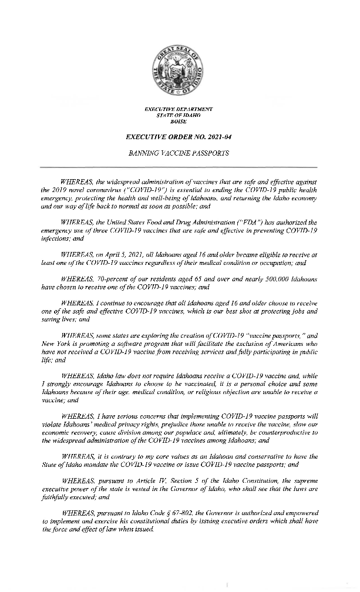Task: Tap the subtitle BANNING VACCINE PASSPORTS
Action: click(x=179, y=153)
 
